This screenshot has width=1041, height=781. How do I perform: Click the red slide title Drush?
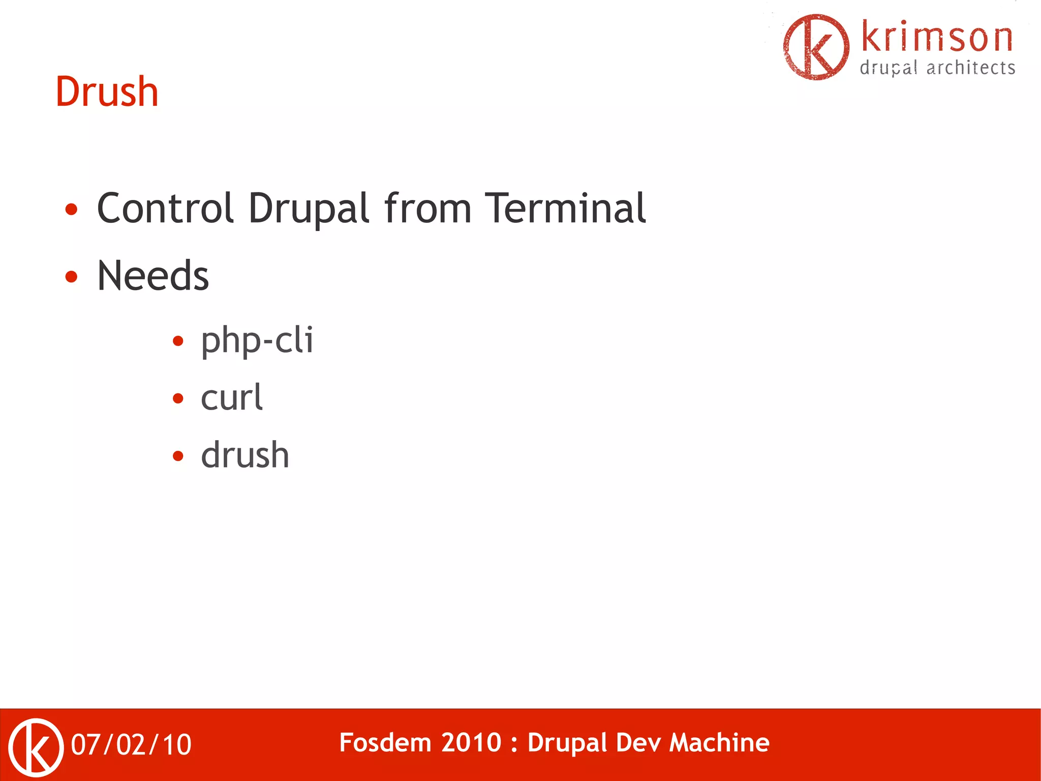[x=107, y=92]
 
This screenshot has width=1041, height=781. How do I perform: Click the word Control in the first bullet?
[x=165, y=208]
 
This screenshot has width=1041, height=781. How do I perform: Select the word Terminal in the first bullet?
[x=565, y=208]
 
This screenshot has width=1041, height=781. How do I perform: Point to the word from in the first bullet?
[x=428, y=208]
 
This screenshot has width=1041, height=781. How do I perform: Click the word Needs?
[x=152, y=276]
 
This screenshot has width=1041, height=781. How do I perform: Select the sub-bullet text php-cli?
[x=257, y=340]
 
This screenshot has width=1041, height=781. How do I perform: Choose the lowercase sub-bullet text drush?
[x=245, y=455]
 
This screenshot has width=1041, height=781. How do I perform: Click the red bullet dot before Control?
[x=72, y=209]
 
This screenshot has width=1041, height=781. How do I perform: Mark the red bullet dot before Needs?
[x=72, y=277]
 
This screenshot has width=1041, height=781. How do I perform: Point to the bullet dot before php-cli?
[x=178, y=341]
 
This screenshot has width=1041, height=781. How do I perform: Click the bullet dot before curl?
[x=178, y=398]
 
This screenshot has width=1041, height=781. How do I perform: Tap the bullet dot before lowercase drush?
[x=178, y=456]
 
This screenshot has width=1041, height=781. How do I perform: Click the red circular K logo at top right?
[x=816, y=47]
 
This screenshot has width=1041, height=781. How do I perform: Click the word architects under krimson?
[x=970, y=68]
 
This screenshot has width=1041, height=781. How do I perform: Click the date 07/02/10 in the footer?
[x=131, y=745]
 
